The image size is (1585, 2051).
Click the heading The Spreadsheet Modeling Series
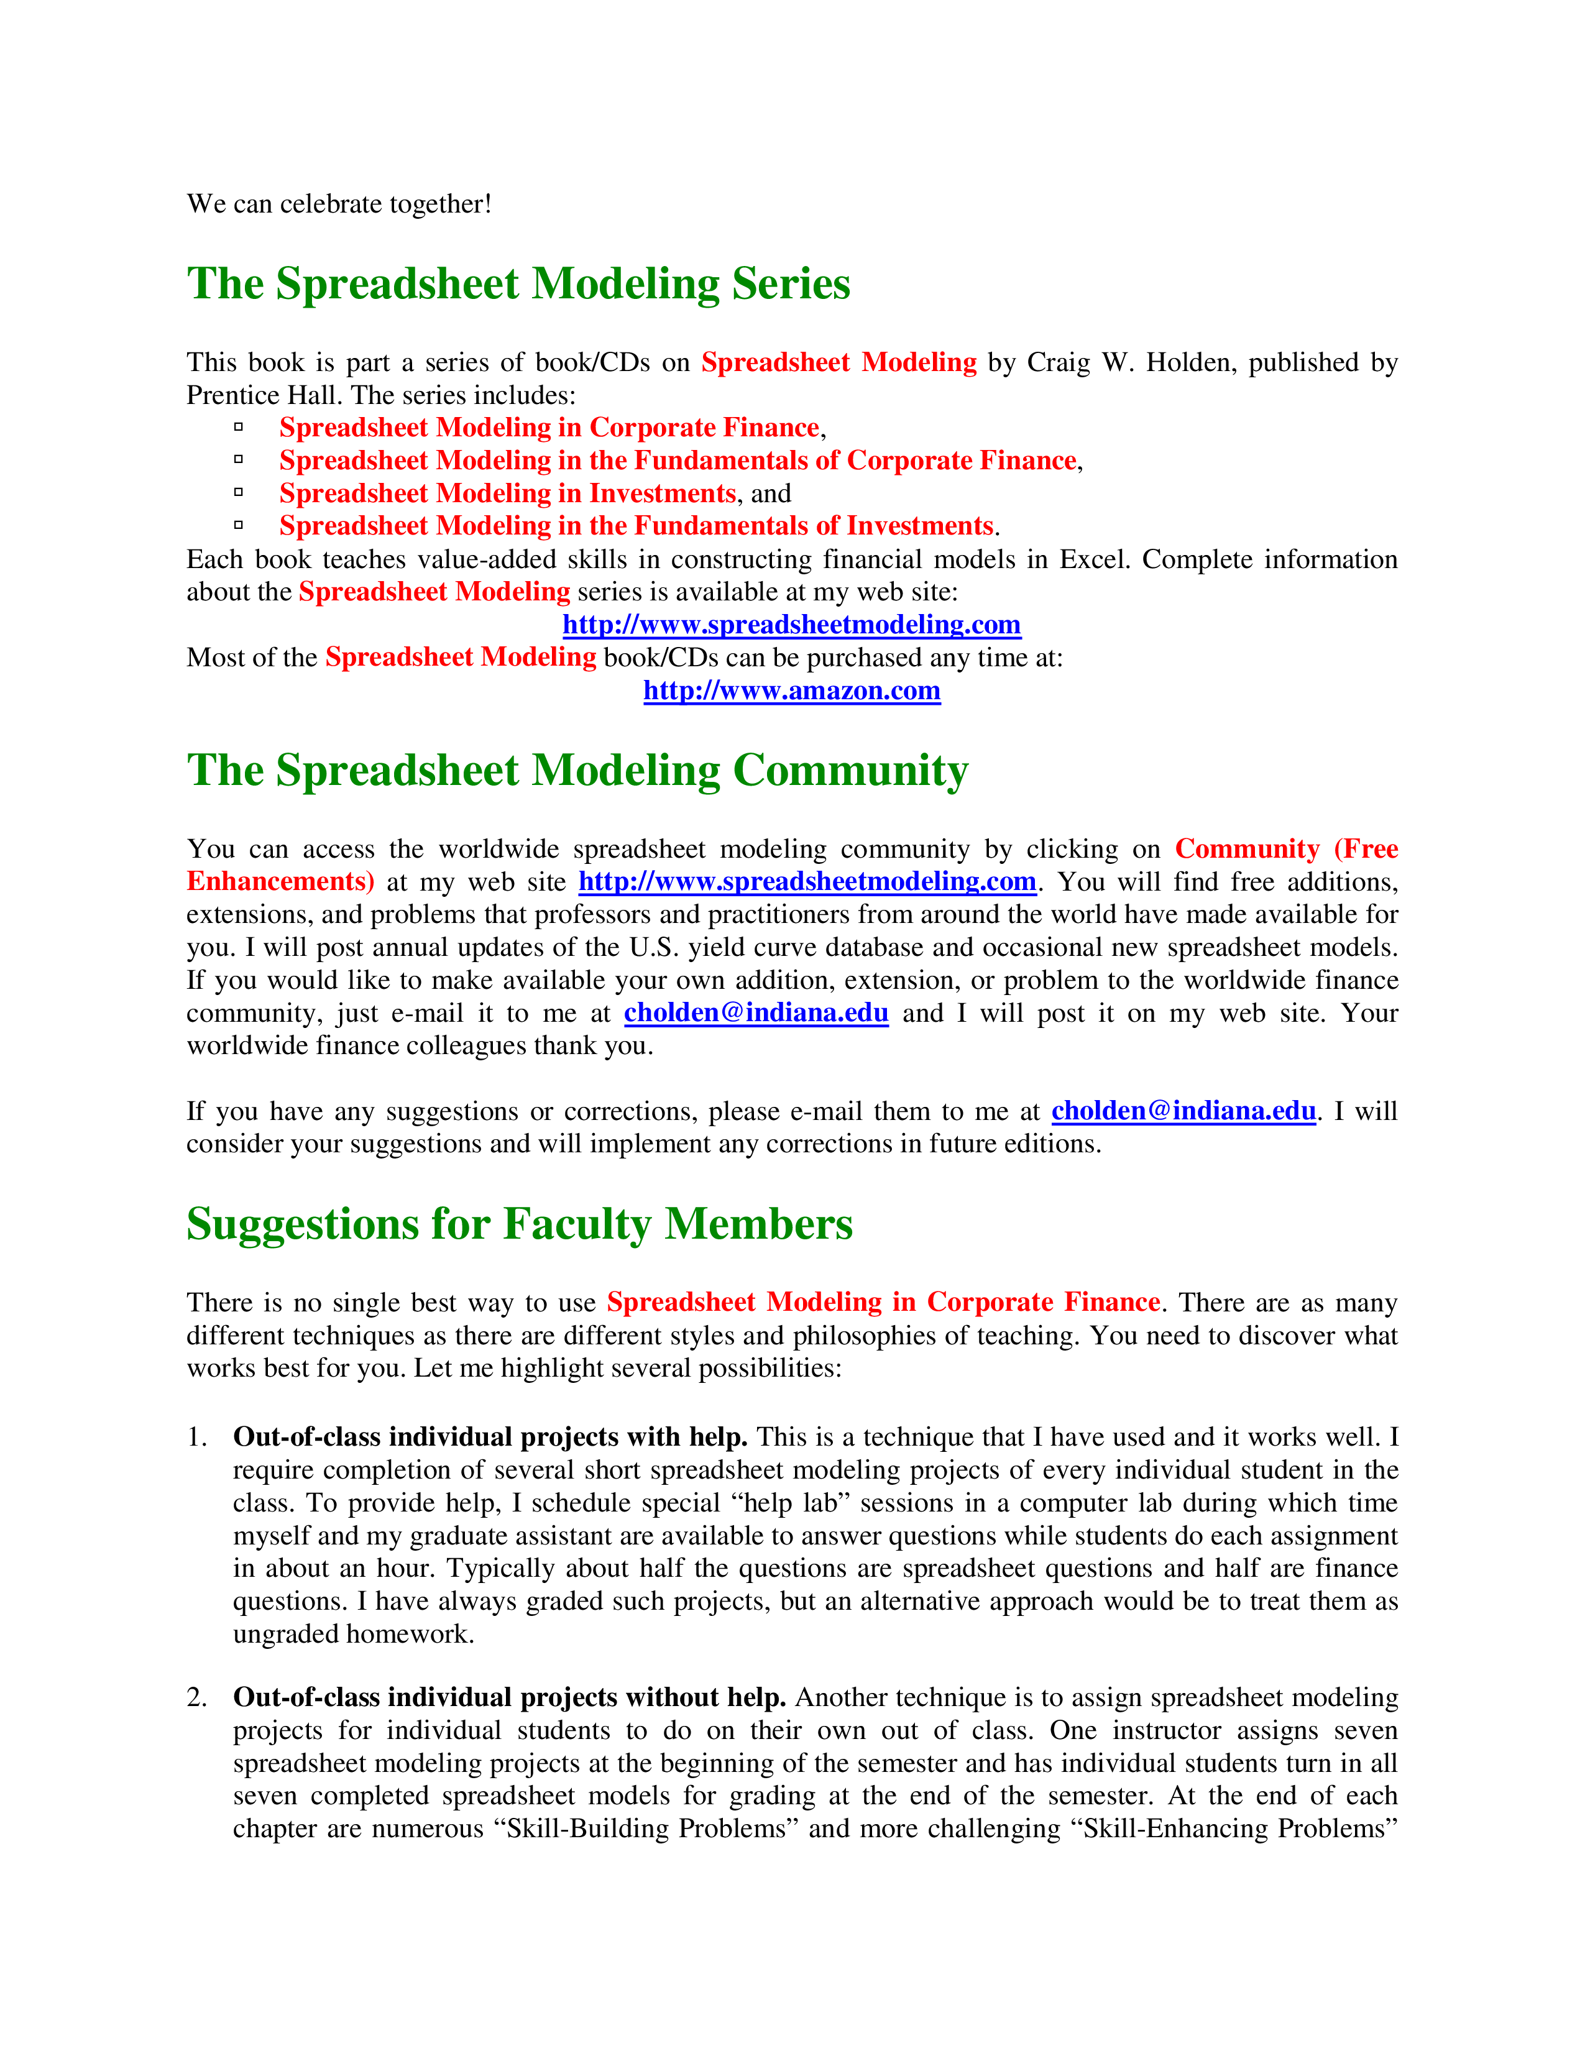pyautogui.click(x=518, y=283)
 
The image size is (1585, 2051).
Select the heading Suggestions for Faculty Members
pyautogui.click(x=519, y=1224)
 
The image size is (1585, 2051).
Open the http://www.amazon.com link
pyautogui.click(x=791, y=691)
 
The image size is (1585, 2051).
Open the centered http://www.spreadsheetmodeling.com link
pyautogui.click(x=791, y=625)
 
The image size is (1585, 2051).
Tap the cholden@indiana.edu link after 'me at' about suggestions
pyautogui.click(x=1183, y=1111)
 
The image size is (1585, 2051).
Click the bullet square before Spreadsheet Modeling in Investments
pyautogui.click(x=239, y=492)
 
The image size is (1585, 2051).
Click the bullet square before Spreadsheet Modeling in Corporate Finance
pyautogui.click(x=239, y=426)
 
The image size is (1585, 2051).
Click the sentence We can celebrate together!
pyautogui.click(x=339, y=204)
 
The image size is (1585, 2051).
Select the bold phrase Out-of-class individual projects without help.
pyautogui.click(x=509, y=1698)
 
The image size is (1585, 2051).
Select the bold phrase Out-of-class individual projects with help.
pyautogui.click(x=489, y=1438)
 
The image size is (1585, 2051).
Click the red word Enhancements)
pyautogui.click(x=280, y=882)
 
